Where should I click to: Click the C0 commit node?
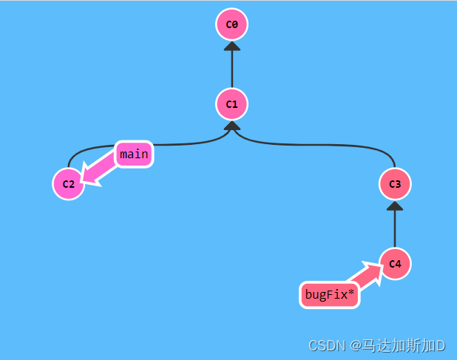point(231,24)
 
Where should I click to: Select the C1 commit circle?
point(231,104)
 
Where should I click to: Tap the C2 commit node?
point(68,184)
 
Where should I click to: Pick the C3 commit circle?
point(395,184)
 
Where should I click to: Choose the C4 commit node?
point(395,264)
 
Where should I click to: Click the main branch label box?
point(134,154)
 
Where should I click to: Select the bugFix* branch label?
point(329,296)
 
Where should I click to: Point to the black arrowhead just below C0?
point(231,47)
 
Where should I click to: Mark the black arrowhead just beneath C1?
point(231,126)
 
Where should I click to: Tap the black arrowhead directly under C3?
point(395,206)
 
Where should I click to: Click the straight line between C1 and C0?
point(231,70)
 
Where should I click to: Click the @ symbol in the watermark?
point(354,345)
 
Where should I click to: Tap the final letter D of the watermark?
point(440,345)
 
